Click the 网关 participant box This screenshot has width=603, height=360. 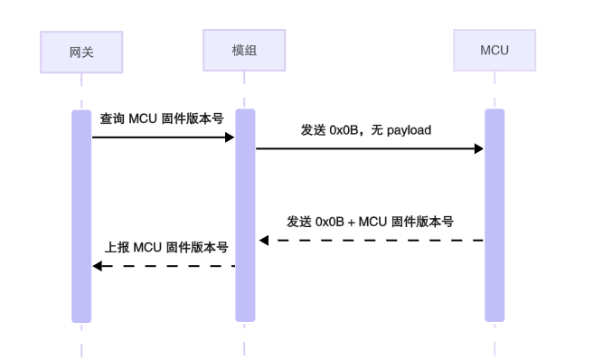pos(81,52)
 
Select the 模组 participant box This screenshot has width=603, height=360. pos(244,50)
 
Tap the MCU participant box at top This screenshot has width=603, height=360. pos(494,50)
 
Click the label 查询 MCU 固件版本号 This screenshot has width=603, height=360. pos(161,119)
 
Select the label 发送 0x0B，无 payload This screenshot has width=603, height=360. pos(366,130)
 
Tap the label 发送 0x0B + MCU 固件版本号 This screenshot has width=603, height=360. pos(370,222)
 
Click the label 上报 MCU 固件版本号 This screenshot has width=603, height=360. pos(166,247)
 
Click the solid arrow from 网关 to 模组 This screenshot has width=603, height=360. pos(163,137)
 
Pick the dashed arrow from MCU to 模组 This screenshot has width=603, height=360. pos(371,241)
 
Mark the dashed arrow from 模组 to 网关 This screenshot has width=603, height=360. pos(163,266)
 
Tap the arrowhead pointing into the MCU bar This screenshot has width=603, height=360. pos(478,148)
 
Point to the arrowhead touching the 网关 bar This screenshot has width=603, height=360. pos(98,266)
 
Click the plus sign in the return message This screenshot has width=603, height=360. pos(351,222)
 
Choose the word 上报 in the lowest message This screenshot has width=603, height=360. pos(117,247)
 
